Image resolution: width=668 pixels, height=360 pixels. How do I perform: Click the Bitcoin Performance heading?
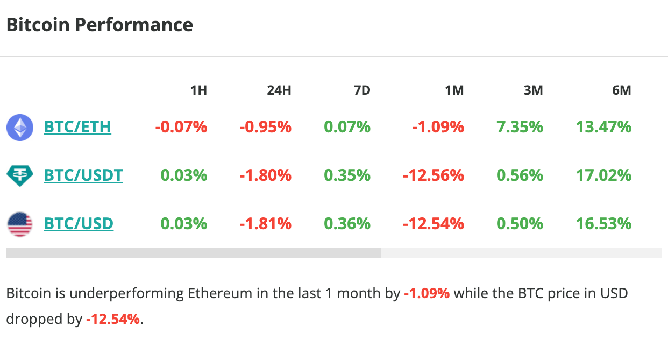100,25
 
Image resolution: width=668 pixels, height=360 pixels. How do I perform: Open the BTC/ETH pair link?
77,127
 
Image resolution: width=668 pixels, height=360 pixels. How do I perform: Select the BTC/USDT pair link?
83,175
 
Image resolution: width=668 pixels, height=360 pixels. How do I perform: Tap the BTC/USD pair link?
79,223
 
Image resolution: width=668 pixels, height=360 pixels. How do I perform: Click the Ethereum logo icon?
19,128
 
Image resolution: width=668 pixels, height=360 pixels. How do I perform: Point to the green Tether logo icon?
19,175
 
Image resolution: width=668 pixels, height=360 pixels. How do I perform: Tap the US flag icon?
19,224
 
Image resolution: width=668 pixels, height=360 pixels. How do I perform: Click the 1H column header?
198,90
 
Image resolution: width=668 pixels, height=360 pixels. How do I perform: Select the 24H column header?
279,90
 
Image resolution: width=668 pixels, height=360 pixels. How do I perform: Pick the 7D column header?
362,90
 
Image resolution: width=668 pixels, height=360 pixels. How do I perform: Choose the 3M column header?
533,90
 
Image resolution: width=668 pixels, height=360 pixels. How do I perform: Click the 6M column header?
621,90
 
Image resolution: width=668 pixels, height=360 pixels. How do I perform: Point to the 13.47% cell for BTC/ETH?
603,128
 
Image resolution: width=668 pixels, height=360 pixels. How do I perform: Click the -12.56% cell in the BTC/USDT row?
434,175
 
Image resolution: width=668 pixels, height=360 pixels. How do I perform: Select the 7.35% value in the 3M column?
520,128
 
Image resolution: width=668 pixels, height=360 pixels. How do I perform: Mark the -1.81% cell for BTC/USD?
265,224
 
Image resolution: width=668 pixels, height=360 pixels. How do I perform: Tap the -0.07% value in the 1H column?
181,128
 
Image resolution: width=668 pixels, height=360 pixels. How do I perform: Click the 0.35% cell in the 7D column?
347,175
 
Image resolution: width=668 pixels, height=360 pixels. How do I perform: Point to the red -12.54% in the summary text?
112,319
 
